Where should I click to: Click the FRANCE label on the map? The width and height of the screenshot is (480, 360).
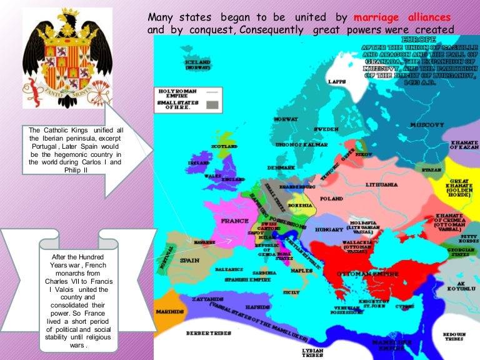coord(234,221)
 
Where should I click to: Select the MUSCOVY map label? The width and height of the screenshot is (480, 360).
coord(427,125)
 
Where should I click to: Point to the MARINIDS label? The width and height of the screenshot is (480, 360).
coord(169,311)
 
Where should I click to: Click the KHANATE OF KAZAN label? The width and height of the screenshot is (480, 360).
coord(464,146)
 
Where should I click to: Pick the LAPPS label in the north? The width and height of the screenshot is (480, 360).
coord(338,82)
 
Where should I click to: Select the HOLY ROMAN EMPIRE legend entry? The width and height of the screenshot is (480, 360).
coord(174,92)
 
